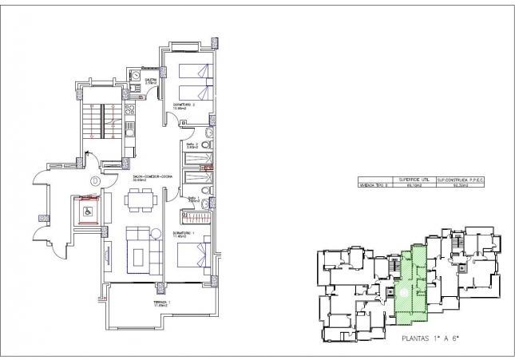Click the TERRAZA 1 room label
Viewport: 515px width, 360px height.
point(162,303)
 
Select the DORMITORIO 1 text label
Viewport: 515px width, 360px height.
point(183,233)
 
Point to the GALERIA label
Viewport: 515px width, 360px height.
point(149,81)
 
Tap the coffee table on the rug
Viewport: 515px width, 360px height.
point(139,256)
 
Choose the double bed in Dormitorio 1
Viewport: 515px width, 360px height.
point(192,256)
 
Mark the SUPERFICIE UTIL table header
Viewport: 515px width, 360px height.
point(409,180)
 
